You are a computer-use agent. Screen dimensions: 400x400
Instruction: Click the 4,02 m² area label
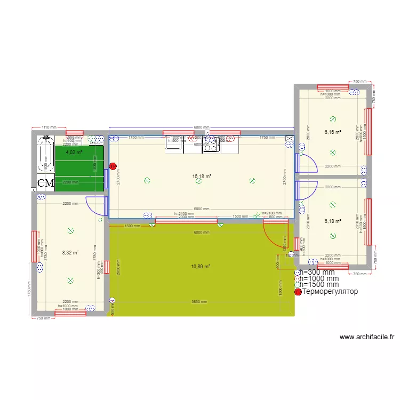pos(74,152)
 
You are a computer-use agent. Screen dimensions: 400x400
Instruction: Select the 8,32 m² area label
pos(70,252)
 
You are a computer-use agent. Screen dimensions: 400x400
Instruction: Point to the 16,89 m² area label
pos(201,267)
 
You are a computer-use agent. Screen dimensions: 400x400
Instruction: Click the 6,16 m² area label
pos(332,132)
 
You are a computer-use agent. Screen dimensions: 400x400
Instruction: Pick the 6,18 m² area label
pos(332,221)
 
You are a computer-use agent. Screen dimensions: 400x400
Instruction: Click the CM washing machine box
pos(46,183)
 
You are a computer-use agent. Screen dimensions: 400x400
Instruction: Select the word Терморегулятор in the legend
pos(330,292)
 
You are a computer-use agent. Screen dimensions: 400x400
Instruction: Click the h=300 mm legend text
pos(319,272)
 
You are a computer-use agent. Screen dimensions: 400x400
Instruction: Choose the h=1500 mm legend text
pos(319,285)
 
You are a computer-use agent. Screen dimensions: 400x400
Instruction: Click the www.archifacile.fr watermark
pos(366,337)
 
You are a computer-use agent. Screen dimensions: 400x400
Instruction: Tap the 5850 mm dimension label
pos(200,302)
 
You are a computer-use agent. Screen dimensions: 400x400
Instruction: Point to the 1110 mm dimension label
pos(49,127)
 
